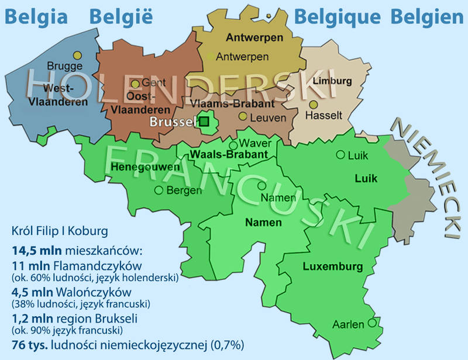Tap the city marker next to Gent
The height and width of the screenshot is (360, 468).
[135, 84]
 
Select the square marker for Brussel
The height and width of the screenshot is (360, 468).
[204, 122]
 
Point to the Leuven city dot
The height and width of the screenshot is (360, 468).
[242, 116]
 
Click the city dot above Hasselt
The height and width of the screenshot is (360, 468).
[314, 105]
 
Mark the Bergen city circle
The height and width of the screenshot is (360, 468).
[159, 190]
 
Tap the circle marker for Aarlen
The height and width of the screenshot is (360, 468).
[371, 323]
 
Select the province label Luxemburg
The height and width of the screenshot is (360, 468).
[333, 267]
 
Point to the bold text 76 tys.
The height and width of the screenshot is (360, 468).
[28, 344]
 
